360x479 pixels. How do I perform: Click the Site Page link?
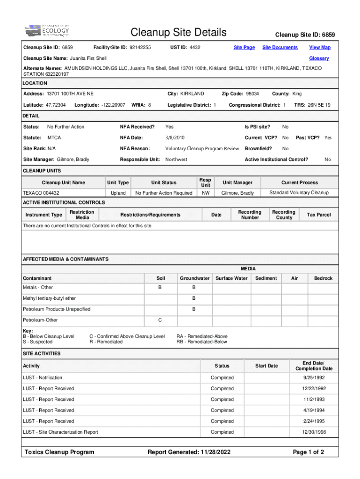(244, 47)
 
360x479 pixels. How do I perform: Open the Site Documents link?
(280, 47)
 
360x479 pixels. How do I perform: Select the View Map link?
(320, 47)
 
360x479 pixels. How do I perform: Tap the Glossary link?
(319, 58)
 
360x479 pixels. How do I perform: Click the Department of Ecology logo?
(47, 30)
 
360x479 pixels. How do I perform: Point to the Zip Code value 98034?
(252, 94)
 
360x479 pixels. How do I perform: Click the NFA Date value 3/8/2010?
(175, 138)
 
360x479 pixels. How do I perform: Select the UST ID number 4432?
(195, 47)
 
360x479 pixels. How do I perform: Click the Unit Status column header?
(164, 182)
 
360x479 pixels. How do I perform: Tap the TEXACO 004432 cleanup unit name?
(41, 193)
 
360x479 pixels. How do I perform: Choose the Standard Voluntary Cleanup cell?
(299, 193)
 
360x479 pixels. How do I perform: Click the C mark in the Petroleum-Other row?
(160, 320)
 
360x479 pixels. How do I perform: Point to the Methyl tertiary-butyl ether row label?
(49, 298)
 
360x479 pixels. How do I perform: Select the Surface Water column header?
(231, 278)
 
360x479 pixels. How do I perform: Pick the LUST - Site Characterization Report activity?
(60, 432)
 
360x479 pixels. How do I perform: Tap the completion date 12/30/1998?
(314, 432)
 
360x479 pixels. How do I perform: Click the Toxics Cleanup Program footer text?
(59, 452)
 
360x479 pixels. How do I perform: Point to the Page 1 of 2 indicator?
(308, 452)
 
